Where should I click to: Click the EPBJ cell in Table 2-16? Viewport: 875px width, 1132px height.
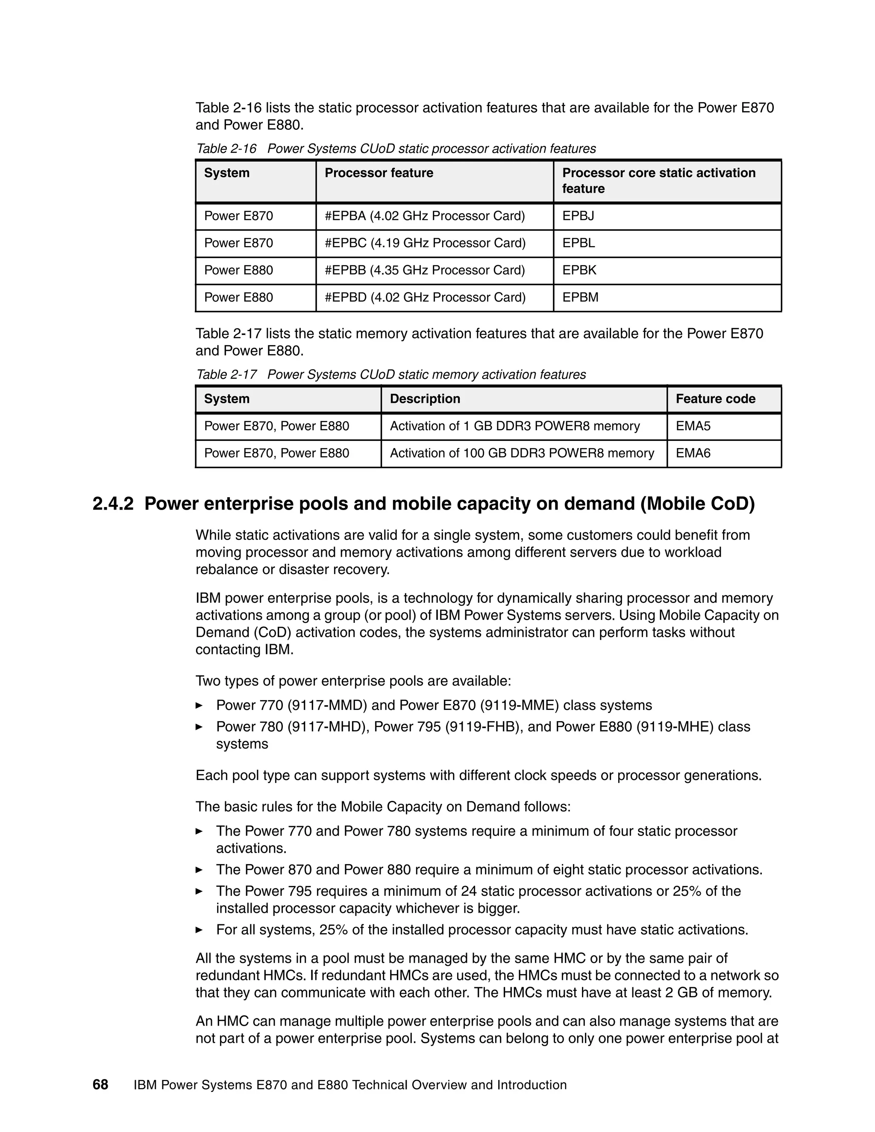click(578, 216)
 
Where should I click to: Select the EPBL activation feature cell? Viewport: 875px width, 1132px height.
click(578, 243)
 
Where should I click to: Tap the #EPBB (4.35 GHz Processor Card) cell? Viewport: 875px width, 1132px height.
click(425, 270)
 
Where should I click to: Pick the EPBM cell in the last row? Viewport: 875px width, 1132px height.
click(580, 297)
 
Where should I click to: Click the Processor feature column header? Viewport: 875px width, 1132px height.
click(379, 173)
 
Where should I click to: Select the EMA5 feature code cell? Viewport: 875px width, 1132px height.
click(693, 426)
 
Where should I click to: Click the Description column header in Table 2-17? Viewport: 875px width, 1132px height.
click(425, 399)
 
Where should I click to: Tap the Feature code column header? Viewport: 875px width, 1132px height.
click(715, 399)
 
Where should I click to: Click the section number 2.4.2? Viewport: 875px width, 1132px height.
click(113, 504)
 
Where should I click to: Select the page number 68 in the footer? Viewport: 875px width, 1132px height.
click(100, 1085)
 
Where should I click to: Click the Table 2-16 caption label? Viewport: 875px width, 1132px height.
click(226, 149)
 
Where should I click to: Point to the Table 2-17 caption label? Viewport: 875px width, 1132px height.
click(226, 375)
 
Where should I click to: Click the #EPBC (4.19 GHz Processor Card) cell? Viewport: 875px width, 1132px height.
click(425, 243)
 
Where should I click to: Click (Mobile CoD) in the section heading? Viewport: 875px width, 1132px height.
click(698, 504)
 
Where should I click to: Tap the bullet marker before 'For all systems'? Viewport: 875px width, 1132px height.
click(199, 930)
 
